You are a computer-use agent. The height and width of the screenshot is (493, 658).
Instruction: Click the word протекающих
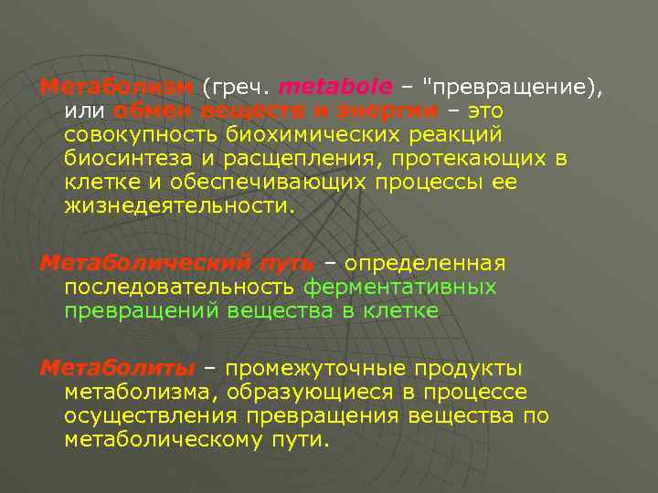tap(458, 159)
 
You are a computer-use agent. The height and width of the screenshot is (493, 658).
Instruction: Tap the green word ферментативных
tap(400, 288)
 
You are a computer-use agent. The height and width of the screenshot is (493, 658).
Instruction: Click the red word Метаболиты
tap(117, 369)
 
